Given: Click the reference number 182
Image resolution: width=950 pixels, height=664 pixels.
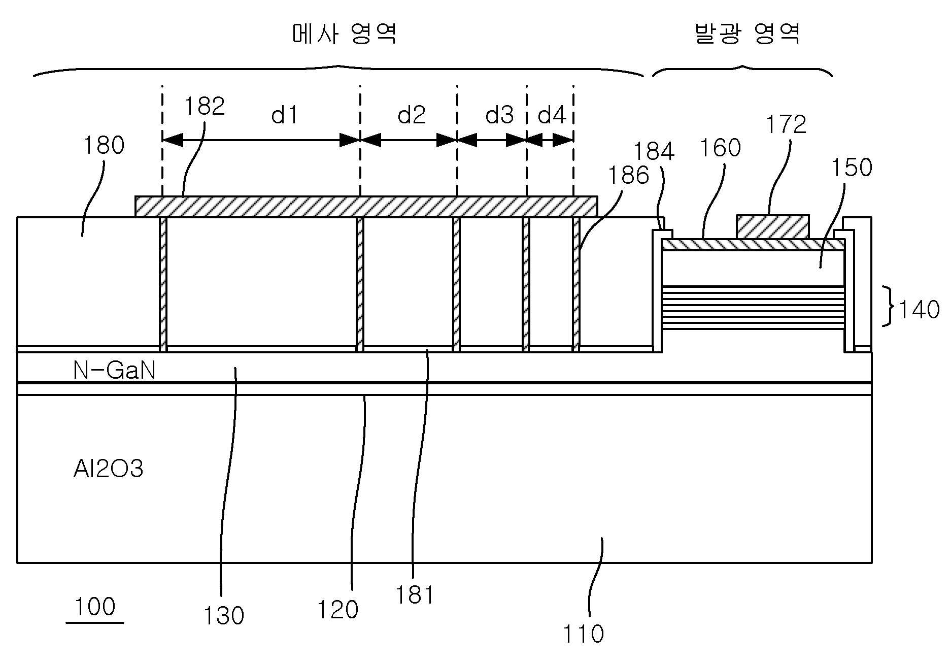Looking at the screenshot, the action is tap(205, 107).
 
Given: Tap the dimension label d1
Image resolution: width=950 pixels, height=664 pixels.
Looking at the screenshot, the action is tap(284, 115).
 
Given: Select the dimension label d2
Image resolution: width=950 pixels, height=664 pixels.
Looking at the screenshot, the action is tap(411, 115).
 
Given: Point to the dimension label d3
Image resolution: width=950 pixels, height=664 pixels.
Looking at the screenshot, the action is tap(499, 115).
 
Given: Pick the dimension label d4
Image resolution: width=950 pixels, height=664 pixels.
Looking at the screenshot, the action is tap(552, 115).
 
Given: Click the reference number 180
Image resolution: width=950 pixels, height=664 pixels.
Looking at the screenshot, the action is tap(104, 145).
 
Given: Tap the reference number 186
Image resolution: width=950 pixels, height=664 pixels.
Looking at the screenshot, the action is tap(629, 176).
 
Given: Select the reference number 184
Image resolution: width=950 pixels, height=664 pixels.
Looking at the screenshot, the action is tap(654, 151).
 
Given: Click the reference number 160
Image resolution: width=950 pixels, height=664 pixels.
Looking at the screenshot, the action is tap(721, 148).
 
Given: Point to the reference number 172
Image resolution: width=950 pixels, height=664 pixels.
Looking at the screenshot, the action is tap(786, 124).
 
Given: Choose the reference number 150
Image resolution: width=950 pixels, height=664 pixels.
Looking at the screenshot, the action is tap(852, 168).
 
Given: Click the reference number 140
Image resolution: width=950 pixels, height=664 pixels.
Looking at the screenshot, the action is tap(919, 309).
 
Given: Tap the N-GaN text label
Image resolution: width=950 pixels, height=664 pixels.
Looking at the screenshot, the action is tap(114, 371).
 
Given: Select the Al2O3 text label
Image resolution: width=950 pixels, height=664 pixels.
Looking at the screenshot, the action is tap(108, 469).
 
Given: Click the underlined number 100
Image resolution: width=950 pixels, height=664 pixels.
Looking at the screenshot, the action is tap(95, 607).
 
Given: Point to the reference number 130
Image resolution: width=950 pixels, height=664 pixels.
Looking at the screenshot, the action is tap(224, 616).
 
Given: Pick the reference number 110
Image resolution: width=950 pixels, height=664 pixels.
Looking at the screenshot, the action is tap(584, 634).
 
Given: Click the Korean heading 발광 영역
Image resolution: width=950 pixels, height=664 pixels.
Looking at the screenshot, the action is tap(747, 34).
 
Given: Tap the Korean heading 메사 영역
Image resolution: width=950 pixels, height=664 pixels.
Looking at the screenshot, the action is tap(345, 34).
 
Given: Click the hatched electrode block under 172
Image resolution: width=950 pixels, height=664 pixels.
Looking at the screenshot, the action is tap(772, 226).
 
